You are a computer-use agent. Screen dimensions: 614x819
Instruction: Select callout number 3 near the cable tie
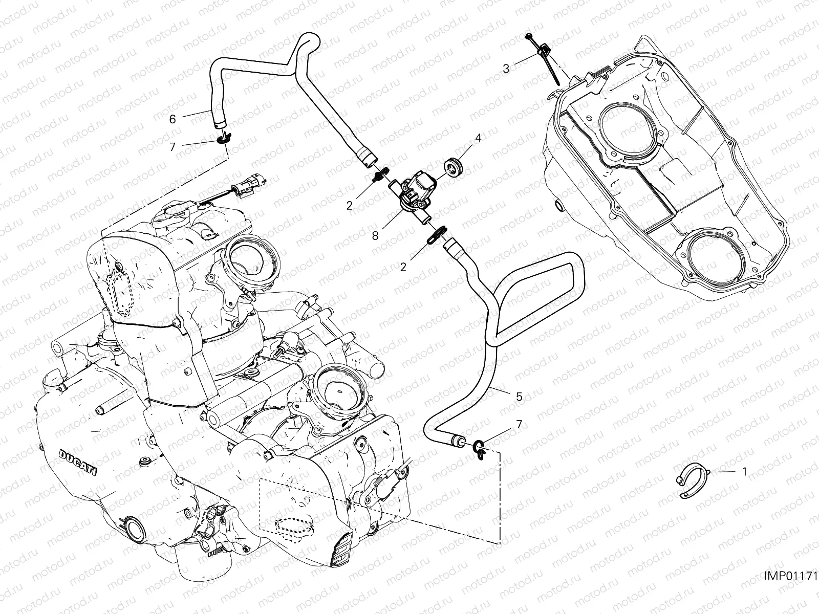pos(506,69)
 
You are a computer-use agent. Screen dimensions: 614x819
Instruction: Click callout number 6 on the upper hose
pos(173,119)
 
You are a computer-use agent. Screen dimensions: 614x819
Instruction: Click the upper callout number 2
pos(364,206)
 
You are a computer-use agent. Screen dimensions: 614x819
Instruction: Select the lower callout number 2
pos(403,267)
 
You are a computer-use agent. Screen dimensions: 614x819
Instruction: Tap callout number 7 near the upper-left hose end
pos(173,147)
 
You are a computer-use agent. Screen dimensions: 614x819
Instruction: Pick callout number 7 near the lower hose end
pos(519,424)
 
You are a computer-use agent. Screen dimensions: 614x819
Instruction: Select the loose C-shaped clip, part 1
pos(688,480)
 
